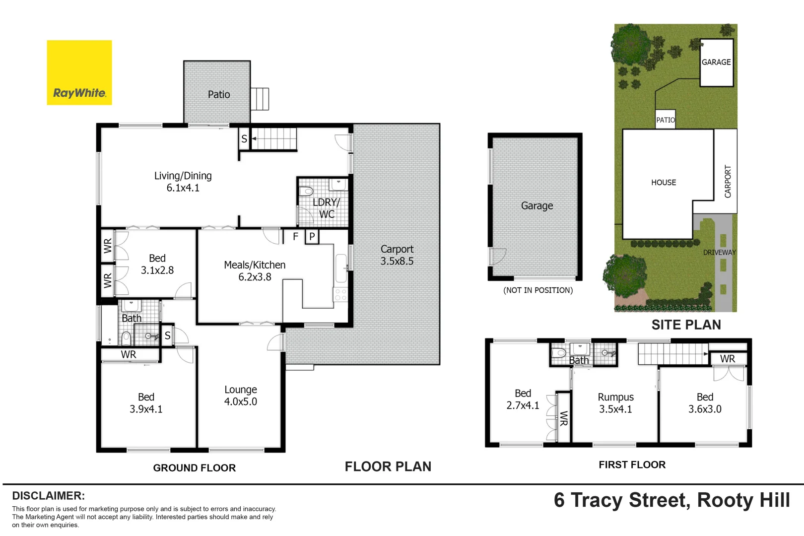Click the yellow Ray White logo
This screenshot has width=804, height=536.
click(79, 72)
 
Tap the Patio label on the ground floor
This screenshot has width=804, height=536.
click(218, 94)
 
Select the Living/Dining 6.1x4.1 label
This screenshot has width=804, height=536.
click(183, 182)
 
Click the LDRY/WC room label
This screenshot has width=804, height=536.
click(326, 208)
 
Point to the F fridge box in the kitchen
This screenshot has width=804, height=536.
click(295, 237)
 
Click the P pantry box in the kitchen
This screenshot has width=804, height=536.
click(312, 237)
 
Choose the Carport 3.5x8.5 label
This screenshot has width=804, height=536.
click(397, 255)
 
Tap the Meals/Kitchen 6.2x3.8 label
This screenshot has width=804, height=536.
click(255, 271)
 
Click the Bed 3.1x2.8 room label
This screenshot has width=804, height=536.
click(157, 264)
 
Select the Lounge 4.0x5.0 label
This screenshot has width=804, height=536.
click(240, 396)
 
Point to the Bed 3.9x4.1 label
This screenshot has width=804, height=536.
click(146, 403)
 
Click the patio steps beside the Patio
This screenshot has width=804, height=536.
click(260, 99)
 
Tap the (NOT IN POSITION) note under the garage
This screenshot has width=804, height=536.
click(538, 290)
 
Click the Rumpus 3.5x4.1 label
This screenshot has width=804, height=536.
click(615, 403)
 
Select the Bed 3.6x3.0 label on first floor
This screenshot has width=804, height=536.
click(705, 403)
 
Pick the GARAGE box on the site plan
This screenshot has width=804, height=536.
click(716, 63)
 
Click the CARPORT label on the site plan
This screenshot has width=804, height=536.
click(728, 182)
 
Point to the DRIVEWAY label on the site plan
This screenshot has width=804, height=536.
click(719, 252)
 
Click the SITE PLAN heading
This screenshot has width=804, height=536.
click(686, 325)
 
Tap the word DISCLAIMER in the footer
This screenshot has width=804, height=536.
click(48, 496)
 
